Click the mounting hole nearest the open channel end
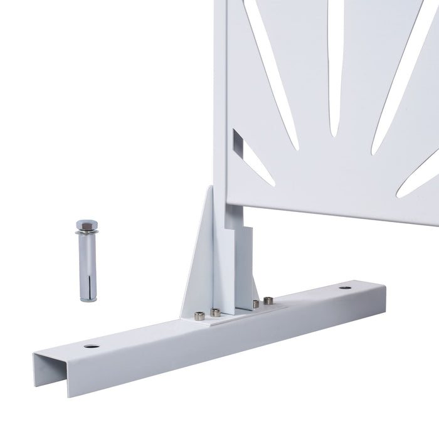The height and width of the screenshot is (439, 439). coord(92,346)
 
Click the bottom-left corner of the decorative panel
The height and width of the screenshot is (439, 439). coord(229,202)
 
